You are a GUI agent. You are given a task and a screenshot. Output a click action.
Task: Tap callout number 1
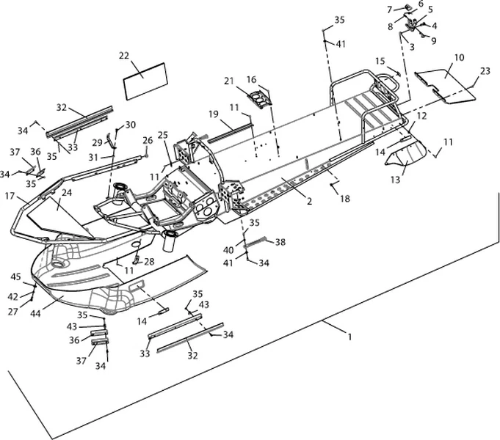point(349,337)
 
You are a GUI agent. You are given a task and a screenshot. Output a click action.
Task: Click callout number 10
point(459,57)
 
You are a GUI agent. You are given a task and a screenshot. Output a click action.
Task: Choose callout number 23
point(485,71)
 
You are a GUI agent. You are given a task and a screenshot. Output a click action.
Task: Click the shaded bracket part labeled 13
point(407,155)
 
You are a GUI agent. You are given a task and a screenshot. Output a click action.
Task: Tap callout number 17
point(10,197)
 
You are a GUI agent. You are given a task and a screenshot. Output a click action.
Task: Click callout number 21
point(228,81)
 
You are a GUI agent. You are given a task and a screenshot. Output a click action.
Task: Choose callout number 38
point(280,241)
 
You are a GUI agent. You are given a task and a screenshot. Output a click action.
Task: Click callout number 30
point(131,125)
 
